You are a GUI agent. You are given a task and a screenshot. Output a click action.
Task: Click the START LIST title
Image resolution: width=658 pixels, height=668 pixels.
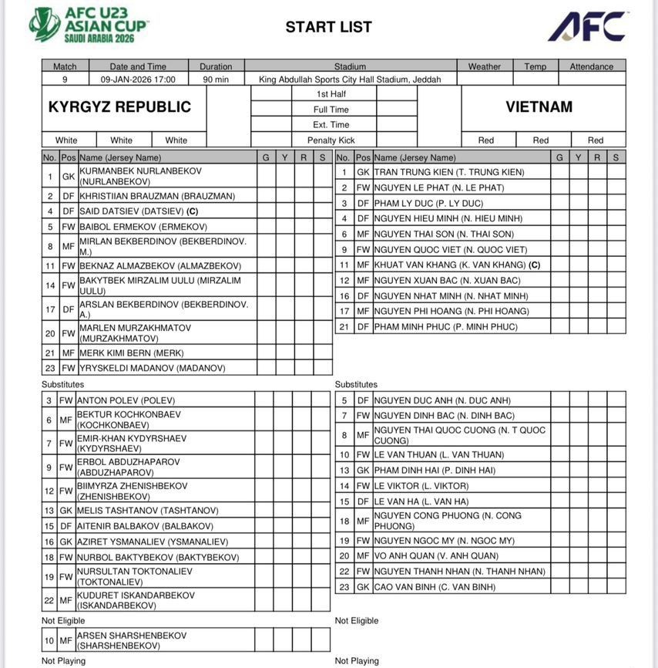click(x=328, y=27)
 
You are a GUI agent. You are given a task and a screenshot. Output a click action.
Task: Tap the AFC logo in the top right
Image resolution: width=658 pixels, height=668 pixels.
click(x=587, y=27)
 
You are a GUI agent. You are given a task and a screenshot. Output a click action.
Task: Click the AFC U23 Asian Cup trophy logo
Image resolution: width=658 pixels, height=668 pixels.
click(x=45, y=25)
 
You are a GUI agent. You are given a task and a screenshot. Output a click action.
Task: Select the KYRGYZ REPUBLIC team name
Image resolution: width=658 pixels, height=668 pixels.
click(x=119, y=107)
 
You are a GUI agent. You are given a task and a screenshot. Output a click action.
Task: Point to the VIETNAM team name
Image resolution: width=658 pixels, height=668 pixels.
click(x=539, y=107)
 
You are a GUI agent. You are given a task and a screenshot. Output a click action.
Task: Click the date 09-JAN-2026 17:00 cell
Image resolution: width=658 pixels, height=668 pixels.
click(x=138, y=79)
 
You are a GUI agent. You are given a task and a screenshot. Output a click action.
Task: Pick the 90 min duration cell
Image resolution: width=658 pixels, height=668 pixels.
click(x=216, y=79)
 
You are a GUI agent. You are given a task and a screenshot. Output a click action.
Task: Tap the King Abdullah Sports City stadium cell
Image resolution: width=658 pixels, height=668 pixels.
click(x=350, y=79)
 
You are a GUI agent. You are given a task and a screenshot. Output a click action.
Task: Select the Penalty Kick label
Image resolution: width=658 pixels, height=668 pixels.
click(x=331, y=140)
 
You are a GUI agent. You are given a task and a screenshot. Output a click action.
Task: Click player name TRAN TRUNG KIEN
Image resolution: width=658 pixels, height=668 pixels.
click(x=448, y=172)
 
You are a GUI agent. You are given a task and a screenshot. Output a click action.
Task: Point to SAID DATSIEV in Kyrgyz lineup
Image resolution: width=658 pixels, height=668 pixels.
click(x=139, y=211)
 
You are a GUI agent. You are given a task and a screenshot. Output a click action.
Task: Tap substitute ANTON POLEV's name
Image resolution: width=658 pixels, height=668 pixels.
click(x=126, y=400)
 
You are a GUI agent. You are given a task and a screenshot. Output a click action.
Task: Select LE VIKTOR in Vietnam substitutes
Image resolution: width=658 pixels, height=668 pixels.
click(x=421, y=486)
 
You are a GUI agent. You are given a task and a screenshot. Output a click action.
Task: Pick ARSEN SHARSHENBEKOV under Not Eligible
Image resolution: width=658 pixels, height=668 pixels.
click(x=131, y=641)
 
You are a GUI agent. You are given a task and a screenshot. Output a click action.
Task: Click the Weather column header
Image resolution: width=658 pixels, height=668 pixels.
click(x=484, y=66)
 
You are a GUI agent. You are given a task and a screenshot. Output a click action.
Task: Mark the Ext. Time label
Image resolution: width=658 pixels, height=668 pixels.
click(x=331, y=125)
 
